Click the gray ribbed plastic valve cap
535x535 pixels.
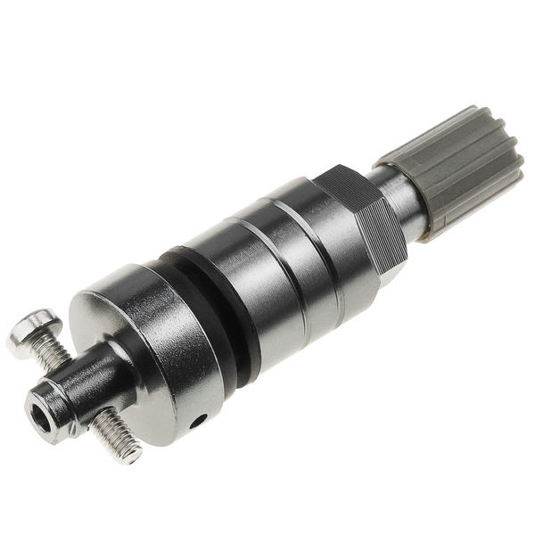point(455,169)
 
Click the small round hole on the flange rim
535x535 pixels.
point(200,418)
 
